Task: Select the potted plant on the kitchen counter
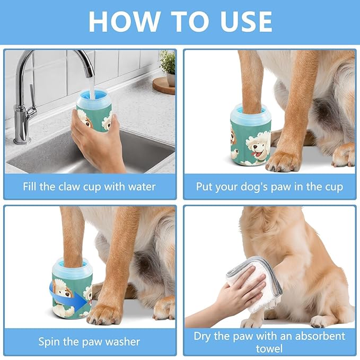pyautogui.click(x=167, y=66)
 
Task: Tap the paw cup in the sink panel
pyautogui.click(x=94, y=111)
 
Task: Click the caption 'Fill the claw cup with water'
pyautogui.click(x=90, y=187)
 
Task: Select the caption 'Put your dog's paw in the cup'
pyautogui.click(x=269, y=187)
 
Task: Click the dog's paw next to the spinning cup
pyautogui.click(x=105, y=313)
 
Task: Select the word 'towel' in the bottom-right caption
pyautogui.click(x=269, y=348)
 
